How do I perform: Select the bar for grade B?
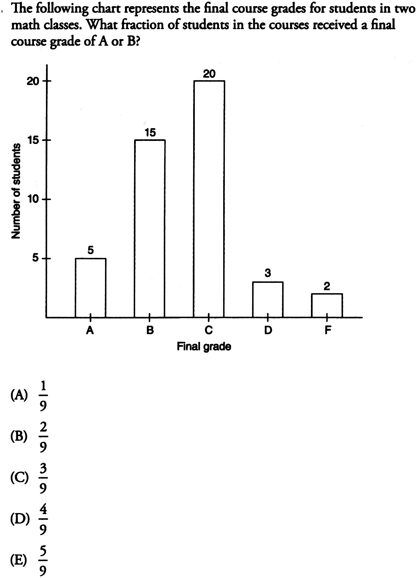point(150,228)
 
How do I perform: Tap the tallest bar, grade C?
point(209,199)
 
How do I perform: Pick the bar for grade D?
point(268,299)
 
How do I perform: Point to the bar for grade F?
point(327,305)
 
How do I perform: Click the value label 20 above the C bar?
point(209,74)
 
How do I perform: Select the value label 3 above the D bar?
point(268,273)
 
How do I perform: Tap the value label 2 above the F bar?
point(327,286)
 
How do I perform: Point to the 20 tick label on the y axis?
point(33,81)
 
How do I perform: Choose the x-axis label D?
point(268,330)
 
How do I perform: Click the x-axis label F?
point(327,330)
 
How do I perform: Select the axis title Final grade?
point(204,346)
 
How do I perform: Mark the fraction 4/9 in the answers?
point(44,519)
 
